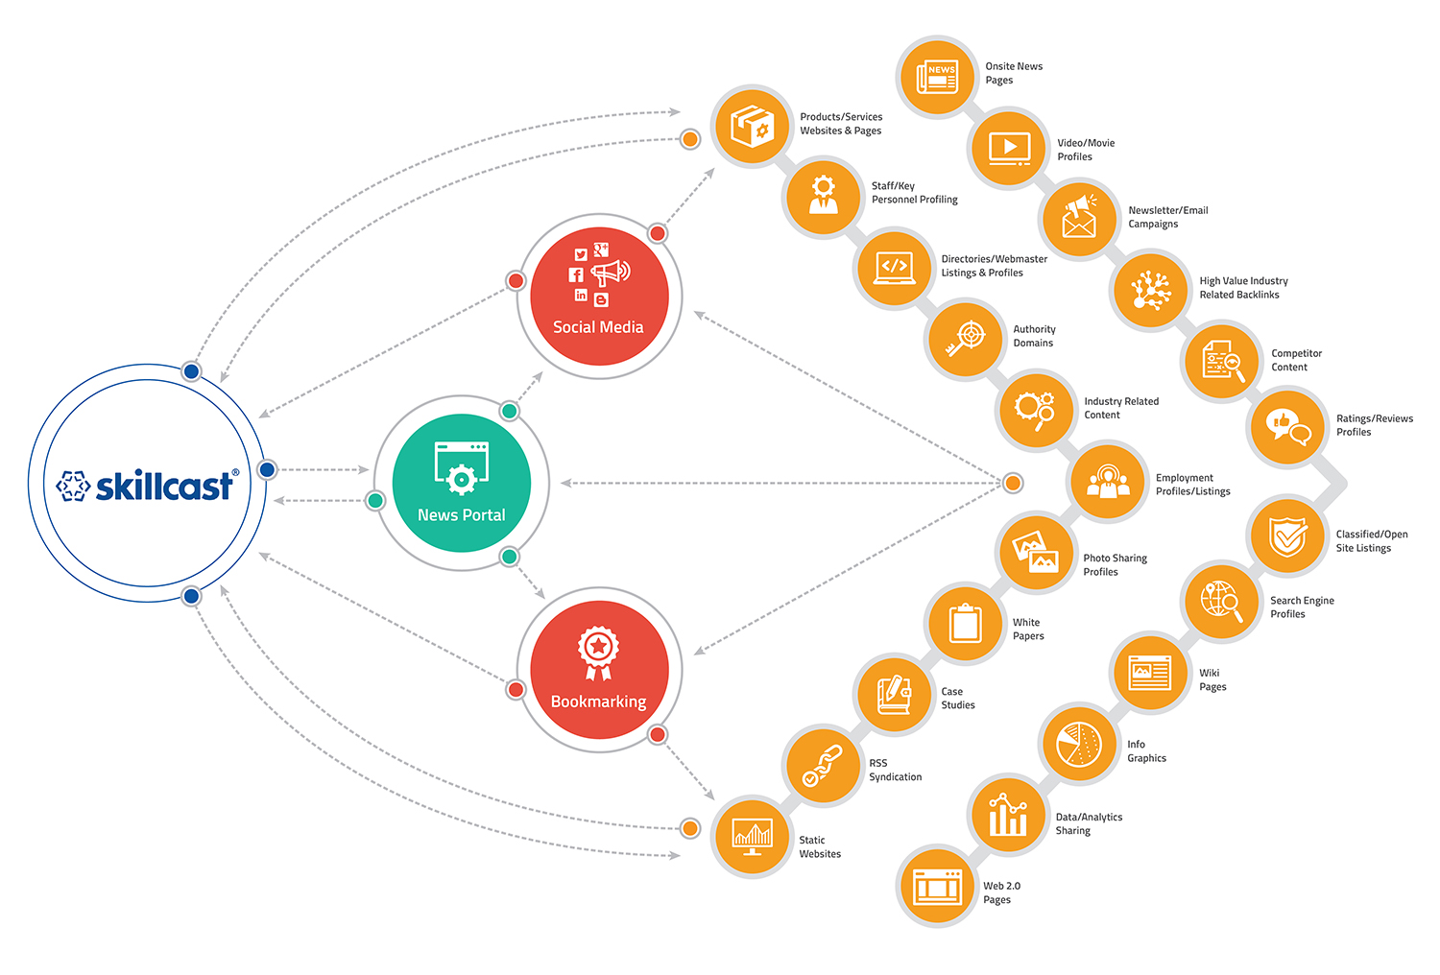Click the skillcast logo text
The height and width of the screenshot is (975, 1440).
point(163,487)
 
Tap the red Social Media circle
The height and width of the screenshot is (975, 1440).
point(599,296)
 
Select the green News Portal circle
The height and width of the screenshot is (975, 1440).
point(462,483)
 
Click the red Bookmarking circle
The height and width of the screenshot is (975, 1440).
point(599,670)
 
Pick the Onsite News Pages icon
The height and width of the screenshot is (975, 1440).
point(937,77)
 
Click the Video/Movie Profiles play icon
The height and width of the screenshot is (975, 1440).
point(1008,149)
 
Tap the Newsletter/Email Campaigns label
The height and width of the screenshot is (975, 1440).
point(1167,217)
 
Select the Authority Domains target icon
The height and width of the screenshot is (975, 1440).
point(966,339)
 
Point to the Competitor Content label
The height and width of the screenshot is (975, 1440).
point(1296,360)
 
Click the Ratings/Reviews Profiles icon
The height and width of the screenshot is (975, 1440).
point(1287,426)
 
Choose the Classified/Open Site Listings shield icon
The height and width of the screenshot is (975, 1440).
point(1287,537)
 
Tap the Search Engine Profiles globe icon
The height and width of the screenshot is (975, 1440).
point(1220,602)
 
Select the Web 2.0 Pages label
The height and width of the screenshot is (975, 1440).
point(1001,892)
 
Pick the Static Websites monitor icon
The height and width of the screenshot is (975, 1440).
point(752,837)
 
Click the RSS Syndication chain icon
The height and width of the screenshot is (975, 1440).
point(823,765)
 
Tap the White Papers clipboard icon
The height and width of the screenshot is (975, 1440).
point(965,624)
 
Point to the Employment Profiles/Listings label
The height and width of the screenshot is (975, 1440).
point(1192,485)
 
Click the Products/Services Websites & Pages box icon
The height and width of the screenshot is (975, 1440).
point(752,126)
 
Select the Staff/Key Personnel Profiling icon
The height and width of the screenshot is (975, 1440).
point(823,196)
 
